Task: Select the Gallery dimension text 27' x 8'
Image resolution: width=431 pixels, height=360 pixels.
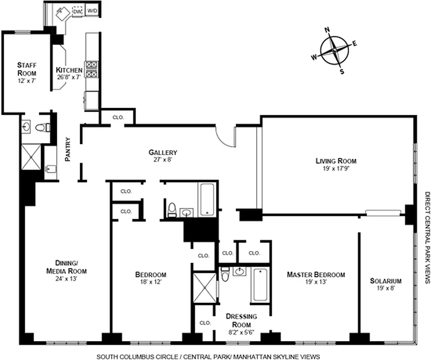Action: tap(163, 159)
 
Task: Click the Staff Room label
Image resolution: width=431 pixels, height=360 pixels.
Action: tap(27, 69)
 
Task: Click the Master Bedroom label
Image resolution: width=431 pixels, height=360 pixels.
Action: tap(316, 274)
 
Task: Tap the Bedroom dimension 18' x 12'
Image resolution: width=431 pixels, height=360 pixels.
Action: tap(150, 282)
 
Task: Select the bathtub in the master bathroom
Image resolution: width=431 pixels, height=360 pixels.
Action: tap(260, 285)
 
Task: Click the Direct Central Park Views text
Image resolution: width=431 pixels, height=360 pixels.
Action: tap(426, 238)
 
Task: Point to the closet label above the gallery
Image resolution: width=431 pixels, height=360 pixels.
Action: tap(118, 117)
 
